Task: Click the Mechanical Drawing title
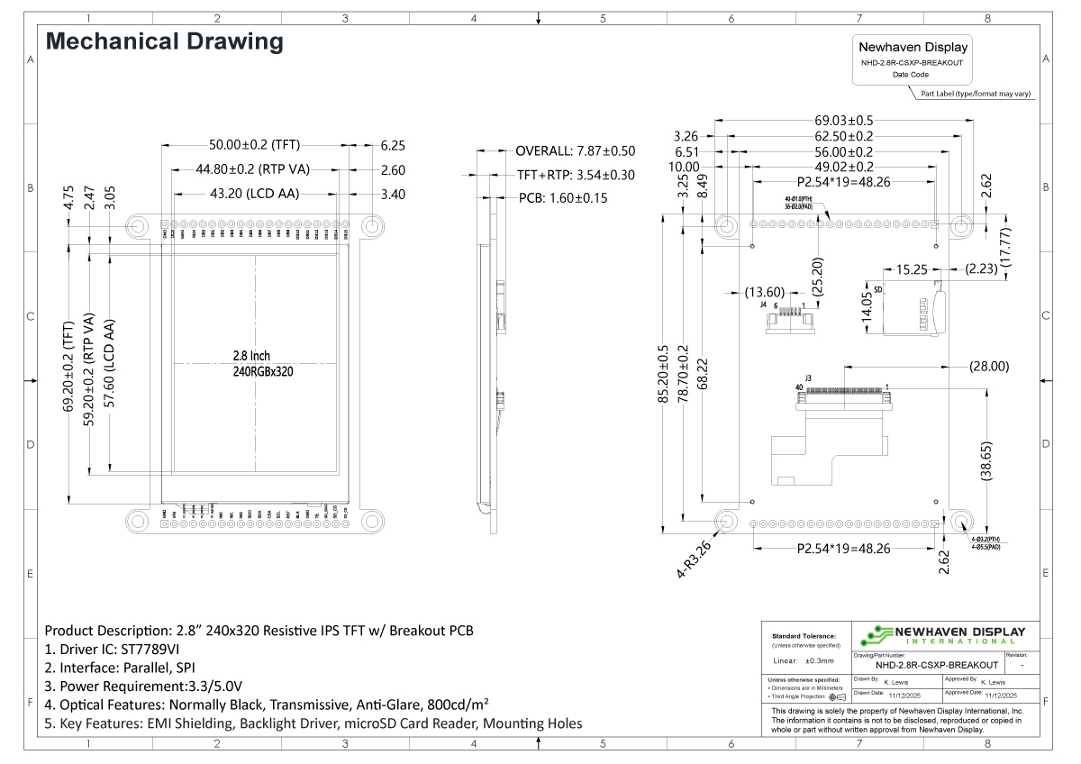[x=164, y=41]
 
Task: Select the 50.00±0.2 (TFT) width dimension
[x=253, y=144]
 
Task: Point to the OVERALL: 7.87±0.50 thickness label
[x=575, y=150]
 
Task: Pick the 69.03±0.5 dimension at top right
[x=844, y=120]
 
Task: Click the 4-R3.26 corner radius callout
[x=695, y=559]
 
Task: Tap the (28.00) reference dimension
[x=988, y=366]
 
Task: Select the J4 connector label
[x=764, y=305]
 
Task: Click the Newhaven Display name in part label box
[x=913, y=48]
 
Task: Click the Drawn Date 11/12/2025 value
[x=906, y=696]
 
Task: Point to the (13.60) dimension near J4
[x=765, y=291]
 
